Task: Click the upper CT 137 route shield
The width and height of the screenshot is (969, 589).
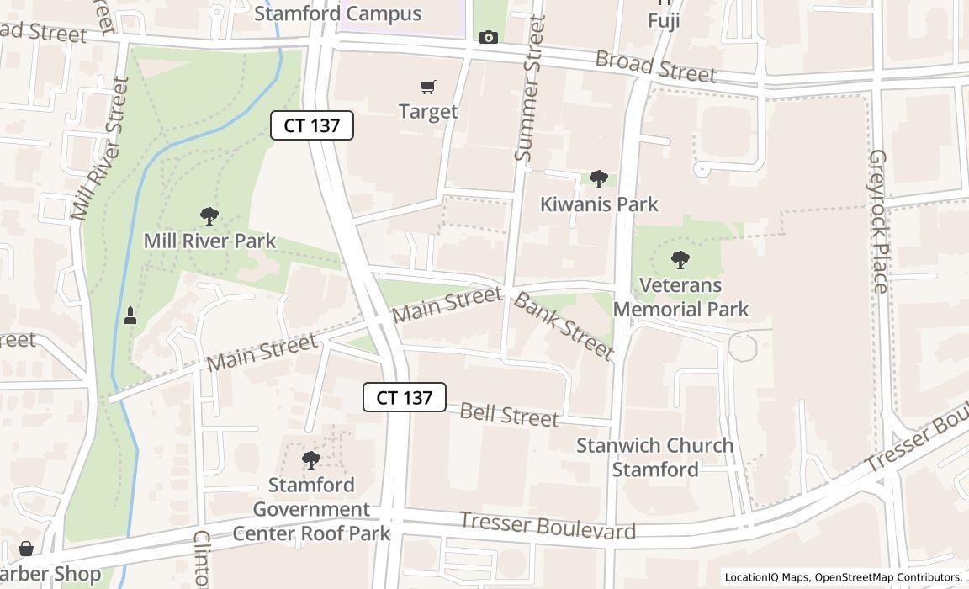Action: pos(311,125)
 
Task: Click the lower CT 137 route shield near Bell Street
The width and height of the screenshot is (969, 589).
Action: pos(404,397)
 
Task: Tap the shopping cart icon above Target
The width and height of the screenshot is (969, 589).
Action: pos(428,87)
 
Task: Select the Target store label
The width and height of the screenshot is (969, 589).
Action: pos(428,111)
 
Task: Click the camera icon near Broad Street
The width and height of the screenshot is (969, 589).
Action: pos(488,37)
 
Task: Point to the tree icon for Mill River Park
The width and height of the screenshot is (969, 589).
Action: pos(209,217)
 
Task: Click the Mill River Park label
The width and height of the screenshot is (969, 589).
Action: pos(209,241)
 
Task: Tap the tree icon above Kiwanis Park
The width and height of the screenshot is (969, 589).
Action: pos(598,178)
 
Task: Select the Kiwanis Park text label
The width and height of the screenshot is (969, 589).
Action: pos(598,204)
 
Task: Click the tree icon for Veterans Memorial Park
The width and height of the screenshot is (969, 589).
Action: pos(680,260)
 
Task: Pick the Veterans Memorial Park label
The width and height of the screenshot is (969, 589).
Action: pos(680,297)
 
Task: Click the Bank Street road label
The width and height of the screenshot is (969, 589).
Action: pos(563,326)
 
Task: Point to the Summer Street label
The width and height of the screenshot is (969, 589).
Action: pos(530,88)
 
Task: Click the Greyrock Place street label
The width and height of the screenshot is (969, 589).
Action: pos(878,221)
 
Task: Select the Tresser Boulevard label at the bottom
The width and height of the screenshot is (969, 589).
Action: pos(548,527)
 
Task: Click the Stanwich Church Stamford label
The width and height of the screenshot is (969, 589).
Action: pos(654,457)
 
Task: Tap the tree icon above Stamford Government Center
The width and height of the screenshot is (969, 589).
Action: pos(311,460)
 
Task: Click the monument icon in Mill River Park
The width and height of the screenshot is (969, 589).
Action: pos(130,316)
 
